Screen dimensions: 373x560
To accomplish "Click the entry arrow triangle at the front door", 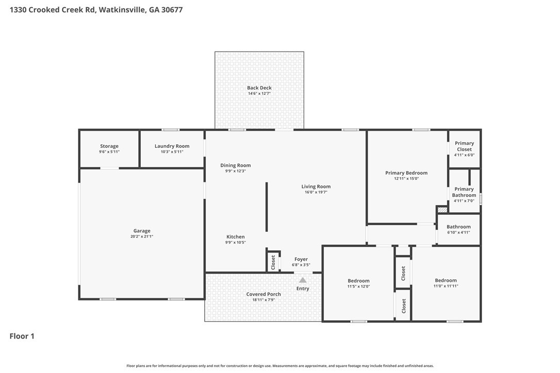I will (303, 280).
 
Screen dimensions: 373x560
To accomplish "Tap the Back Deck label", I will (259, 88).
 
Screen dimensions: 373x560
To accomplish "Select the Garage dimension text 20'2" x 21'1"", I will (142, 236).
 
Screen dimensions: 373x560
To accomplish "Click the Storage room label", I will (109, 146).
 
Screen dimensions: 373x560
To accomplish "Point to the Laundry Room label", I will (172, 146).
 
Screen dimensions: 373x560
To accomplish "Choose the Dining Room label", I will (235, 165).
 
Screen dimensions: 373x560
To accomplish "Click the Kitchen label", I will (235, 237).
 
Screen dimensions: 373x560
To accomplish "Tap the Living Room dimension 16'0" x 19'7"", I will (316, 192).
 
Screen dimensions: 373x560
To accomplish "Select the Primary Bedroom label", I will (406, 173).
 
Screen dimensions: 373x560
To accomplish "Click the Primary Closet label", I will (464, 146).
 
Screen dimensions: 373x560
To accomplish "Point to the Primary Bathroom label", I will (464, 192).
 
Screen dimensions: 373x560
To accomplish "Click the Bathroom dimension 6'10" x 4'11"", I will (458, 232).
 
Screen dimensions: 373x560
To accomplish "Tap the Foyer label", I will (301, 259).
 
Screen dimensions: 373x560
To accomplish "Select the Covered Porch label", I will (263, 294).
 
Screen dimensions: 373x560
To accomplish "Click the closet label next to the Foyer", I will (273, 262).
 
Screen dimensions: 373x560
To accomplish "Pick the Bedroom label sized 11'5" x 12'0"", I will (358, 281).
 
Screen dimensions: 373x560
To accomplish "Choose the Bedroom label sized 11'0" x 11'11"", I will (446, 281).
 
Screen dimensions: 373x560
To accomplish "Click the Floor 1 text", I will (22, 336).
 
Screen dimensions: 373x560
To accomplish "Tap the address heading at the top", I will (96, 10).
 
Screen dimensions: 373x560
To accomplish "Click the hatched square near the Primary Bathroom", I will (442, 210).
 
